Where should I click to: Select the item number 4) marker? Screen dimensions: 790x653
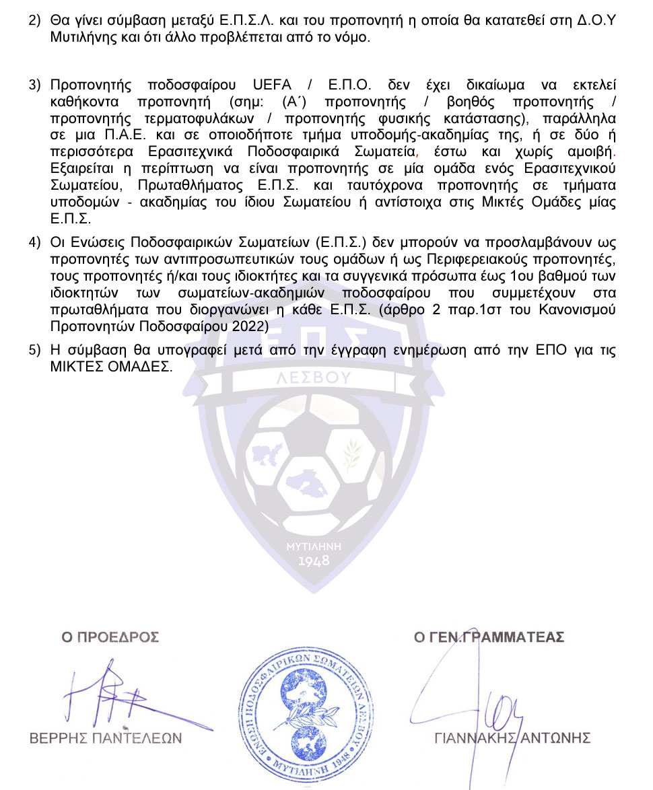[34, 243]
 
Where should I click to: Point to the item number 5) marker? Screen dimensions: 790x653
[34, 352]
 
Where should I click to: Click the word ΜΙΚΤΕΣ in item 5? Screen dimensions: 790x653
[72, 367]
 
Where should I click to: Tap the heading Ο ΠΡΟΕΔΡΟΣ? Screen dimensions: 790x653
[110, 637]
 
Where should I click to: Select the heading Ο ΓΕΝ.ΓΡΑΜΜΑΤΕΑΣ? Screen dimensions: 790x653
[489, 637]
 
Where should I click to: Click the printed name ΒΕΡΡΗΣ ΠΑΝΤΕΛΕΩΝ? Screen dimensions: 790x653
[106, 738]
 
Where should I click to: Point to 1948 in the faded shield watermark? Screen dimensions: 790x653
[314, 561]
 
